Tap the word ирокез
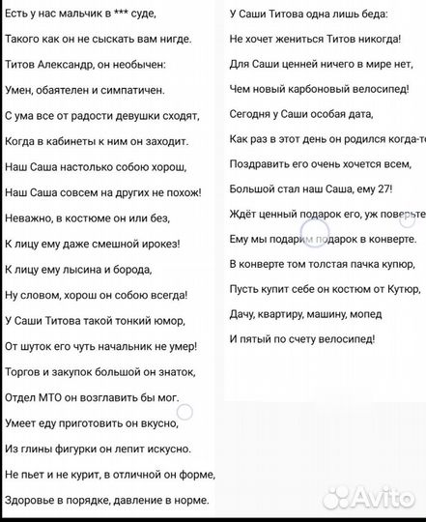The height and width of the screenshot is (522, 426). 171,243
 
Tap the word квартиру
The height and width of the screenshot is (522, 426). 288,314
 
